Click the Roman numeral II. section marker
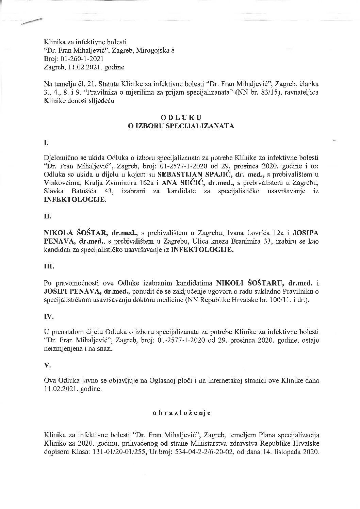pyautogui.click(x=47, y=215)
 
